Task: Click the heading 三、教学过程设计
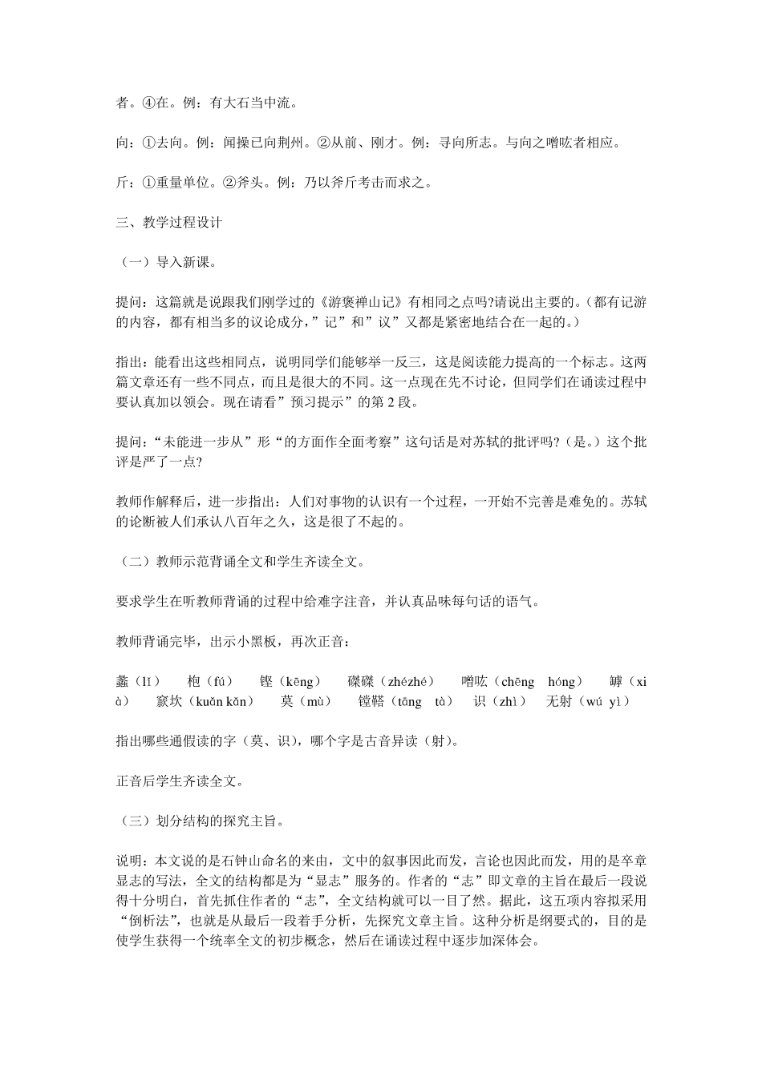click(x=168, y=223)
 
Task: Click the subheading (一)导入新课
click(x=166, y=263)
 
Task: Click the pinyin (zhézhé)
click(x=411, y=682)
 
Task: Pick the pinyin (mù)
click(x=314, y=702)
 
